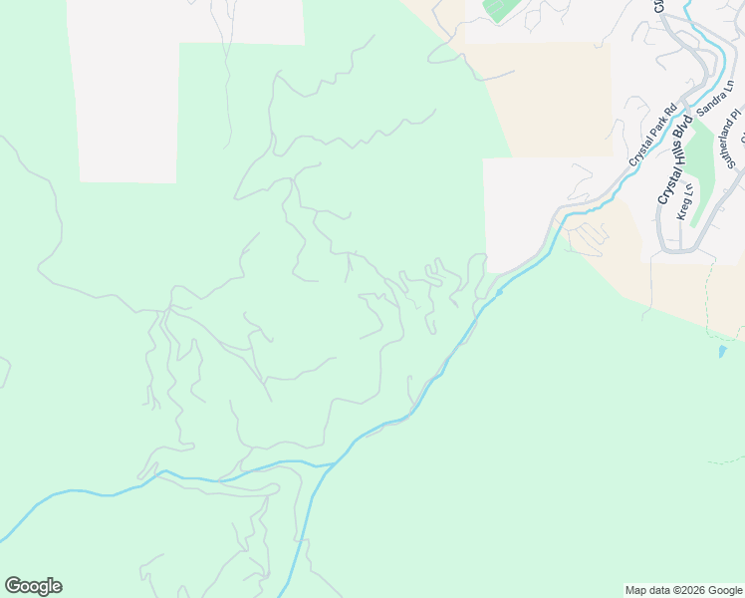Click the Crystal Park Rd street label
click(652, 136)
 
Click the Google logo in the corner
click(33, 586)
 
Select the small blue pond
click(722, 352)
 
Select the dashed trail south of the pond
click(727, 461)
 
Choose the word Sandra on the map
click(710, 106)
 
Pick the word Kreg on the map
click(681, 211)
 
